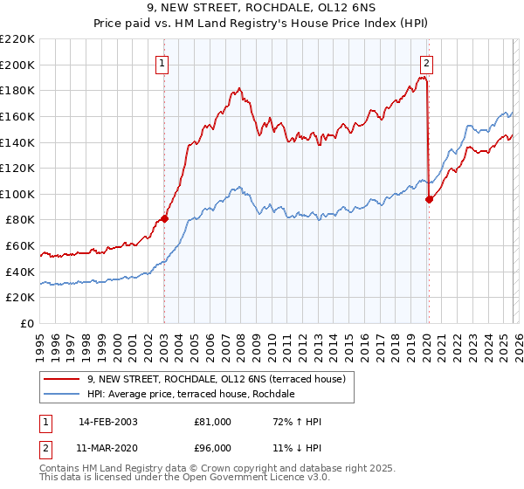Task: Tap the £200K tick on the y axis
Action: (17, 65)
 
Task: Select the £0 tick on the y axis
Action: (27, 324)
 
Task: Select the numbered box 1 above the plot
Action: (163, 62)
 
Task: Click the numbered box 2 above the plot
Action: (426, 62)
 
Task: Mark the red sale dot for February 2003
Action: (164, 218)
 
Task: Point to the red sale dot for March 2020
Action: (429, 199)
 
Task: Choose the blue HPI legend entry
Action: (190, 395)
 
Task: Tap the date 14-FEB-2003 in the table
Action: (107, 422)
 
